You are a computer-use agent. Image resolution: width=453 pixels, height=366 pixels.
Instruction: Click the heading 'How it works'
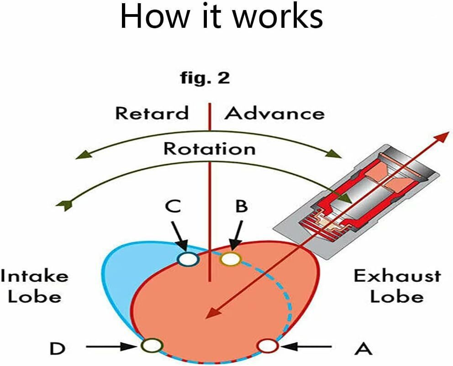pyautogui.click(x=221, y=17)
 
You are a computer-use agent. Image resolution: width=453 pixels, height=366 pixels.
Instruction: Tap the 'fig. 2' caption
pyautogui.click(x=204, y=78)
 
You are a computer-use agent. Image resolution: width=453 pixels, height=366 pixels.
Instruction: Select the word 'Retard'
pyautogui.click(x=152, y=113)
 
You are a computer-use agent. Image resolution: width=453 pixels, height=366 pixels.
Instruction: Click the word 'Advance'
pyautogui.click(x=274, y=113)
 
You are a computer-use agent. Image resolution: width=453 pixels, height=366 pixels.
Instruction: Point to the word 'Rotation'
pyautogui.click(x=210, y=149)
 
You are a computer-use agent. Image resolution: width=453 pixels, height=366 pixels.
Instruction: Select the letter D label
pyautogui.click(x=58, y=349)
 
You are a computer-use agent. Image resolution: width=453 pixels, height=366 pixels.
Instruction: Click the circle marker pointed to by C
pyautogui.click(x=187, y=259)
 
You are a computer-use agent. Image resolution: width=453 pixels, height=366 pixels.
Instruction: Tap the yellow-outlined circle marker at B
pyautogui.click(x=230, y=259)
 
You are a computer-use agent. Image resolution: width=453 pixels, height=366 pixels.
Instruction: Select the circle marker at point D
pyautogui.click(x=153, y=346)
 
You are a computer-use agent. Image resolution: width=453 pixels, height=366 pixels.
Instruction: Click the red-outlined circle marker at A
pyautogui.click(x=268, y=346)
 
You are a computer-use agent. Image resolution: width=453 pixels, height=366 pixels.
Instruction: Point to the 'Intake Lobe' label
pyautogui.click(x=34, y=286)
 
